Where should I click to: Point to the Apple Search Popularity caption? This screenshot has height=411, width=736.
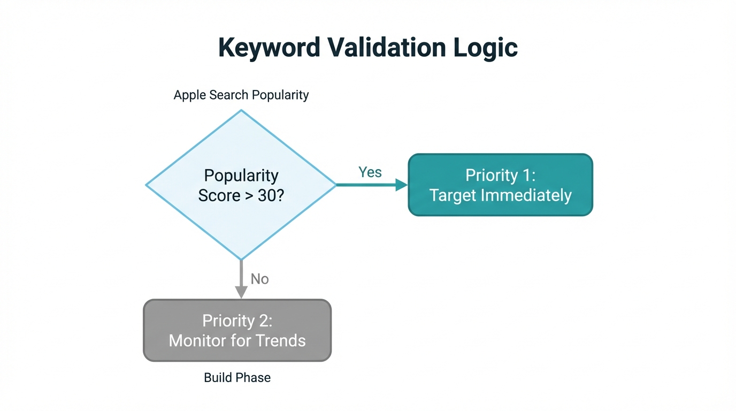coord(241,95)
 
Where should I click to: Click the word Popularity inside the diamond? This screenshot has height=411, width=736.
coord(241,176)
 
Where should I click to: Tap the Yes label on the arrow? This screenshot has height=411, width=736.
coord(370,172)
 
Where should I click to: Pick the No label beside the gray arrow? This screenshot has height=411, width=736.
coord(260,279)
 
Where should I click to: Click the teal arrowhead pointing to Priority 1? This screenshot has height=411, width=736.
coord(401,185)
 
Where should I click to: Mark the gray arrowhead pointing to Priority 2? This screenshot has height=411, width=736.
coord(241,292)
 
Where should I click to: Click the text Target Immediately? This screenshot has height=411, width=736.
coord(500,195)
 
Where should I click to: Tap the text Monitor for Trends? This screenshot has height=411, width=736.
coord(237,340)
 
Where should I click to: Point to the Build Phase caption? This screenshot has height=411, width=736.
coord(237,378)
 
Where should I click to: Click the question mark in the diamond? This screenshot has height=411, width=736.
coord(280,195)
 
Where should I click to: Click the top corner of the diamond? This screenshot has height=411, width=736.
coord(241,111)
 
